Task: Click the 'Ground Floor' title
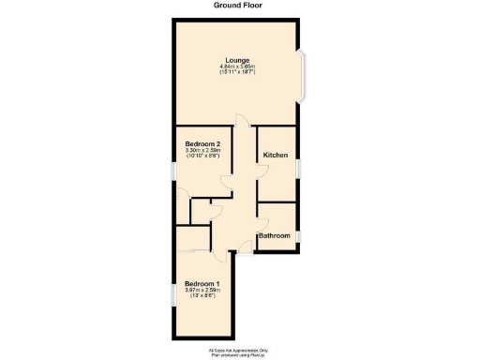239,5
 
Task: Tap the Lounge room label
236,58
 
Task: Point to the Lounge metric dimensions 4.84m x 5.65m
236,67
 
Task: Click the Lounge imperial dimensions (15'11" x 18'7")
236,73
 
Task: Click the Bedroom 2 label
202,142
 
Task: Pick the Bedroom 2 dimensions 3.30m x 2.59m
202,150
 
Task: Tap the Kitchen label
275,155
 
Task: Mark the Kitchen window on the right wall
298,166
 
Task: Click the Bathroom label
274,235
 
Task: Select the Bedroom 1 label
202,283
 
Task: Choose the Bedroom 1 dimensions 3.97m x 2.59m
202,292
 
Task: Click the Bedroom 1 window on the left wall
172,294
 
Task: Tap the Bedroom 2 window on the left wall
172,171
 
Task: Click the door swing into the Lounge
241,120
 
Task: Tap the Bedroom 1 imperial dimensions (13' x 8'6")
202,298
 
